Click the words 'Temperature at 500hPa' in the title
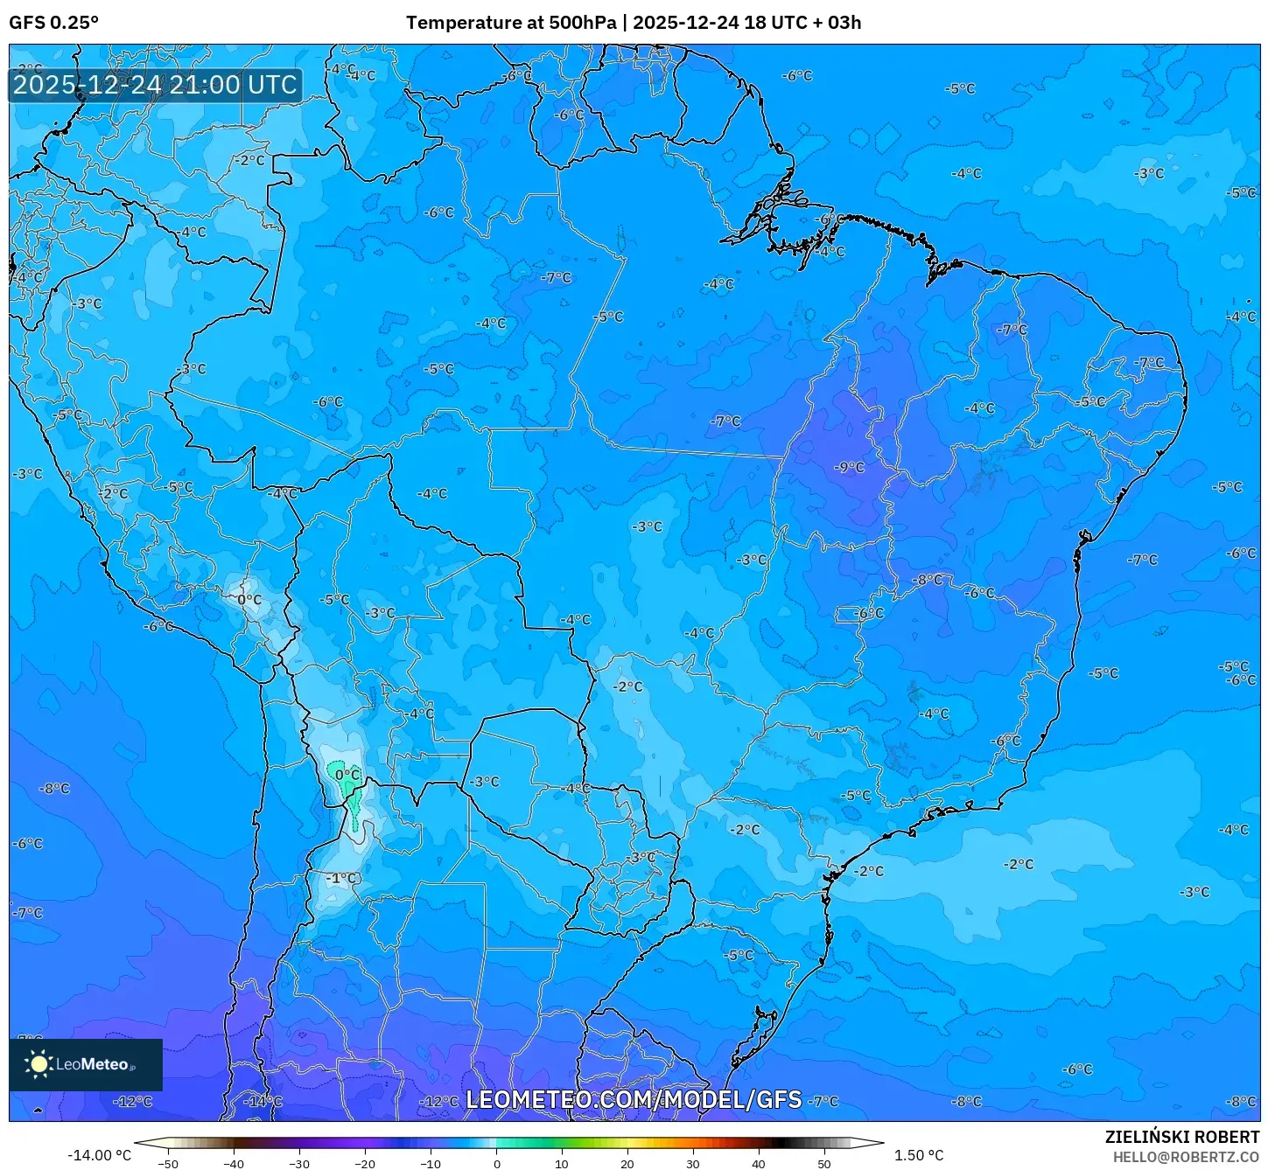pos(510,23)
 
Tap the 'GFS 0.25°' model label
pos(53,23)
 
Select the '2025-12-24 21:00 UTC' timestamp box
pos(155,85)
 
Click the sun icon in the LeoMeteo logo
pos(39,1064)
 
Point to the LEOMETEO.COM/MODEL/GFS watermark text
pos(634,1099)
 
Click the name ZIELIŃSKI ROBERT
pos(1181,1137)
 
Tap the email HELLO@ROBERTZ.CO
pos(1186,1157)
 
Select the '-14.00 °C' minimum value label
pos(99,1155)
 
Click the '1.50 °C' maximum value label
pos(918,1155)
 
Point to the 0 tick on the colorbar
pos(496,1163)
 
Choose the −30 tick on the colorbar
pos(299,1163)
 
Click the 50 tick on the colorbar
pos(824,1163)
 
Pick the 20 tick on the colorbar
pos(627,1163)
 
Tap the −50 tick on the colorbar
pos(168,1163)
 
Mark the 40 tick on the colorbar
pos(759,1163)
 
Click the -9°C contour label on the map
pos(849,467)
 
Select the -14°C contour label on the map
pos(263,1101)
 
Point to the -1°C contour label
pos(342,878)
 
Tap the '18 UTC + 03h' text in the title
pos(802,23)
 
